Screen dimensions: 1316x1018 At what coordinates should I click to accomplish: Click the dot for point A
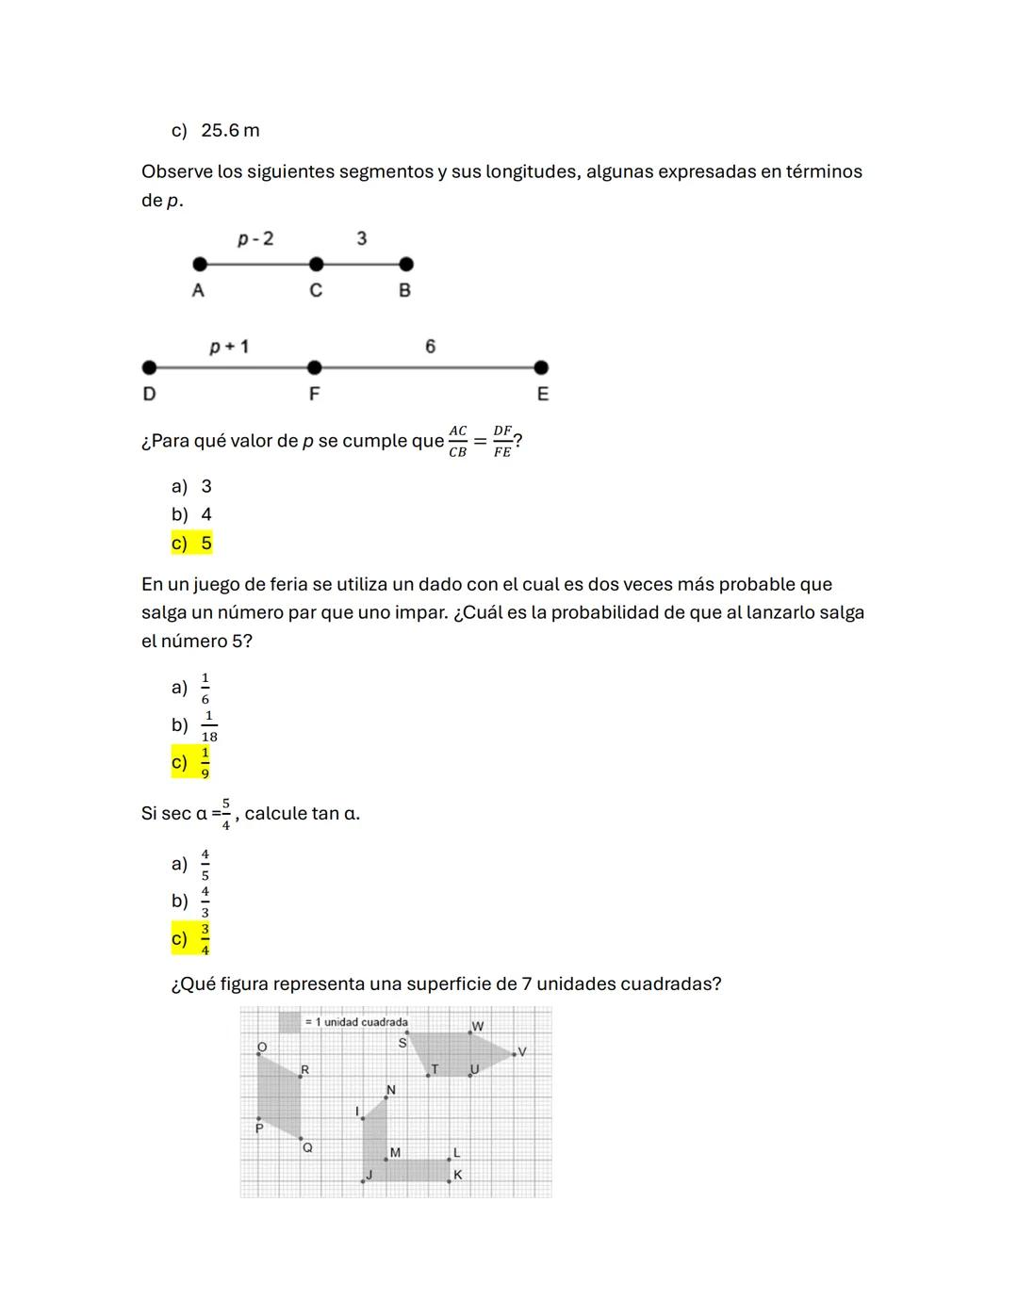(199, 265)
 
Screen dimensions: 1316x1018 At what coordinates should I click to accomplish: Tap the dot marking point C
(316, 265)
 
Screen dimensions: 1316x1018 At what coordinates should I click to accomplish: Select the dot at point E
(540, 367)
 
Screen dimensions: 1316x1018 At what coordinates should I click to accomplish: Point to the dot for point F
(314, 367)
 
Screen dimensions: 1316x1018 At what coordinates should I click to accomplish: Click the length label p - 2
(255, 239)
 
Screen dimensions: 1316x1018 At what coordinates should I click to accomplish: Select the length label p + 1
(229, 348)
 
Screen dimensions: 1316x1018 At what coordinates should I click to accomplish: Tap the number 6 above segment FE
(430, 347)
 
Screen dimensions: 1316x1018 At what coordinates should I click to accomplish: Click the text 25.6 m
(230, 131)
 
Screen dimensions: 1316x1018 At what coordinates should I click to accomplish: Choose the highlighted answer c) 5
(192, 544)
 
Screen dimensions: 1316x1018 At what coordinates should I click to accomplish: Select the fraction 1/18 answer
(208, 726)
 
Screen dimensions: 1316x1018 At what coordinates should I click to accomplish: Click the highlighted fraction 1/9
(205, 763)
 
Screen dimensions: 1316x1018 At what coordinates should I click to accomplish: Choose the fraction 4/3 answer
(205, 902)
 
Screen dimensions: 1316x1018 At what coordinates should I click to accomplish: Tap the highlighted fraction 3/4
(205, 939)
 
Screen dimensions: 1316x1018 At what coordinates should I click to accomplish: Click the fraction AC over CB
(457, 441)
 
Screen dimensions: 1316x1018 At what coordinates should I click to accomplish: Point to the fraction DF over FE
(502, 441)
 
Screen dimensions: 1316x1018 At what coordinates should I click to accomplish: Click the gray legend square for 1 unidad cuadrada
(289, 1022)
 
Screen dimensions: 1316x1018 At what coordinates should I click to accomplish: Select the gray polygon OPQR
(279, 1097)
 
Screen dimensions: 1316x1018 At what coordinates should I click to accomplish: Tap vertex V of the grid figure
(515, 1053)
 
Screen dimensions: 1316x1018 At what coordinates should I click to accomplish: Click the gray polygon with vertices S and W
(457, 1053)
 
